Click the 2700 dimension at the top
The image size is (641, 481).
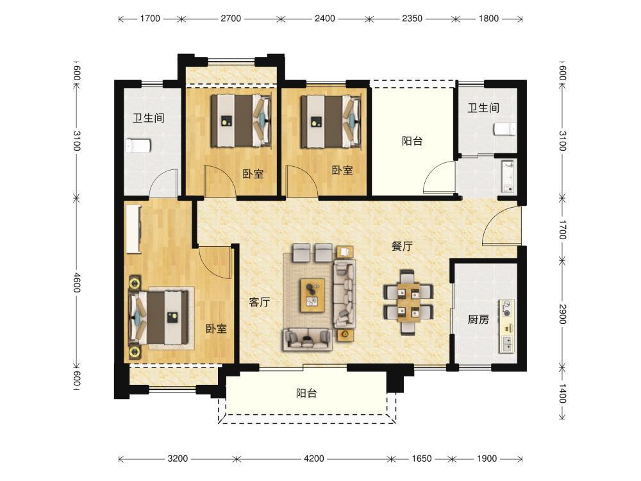pos(231,19)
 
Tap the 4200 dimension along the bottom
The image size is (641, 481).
pos(313,459)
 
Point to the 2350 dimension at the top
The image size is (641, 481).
pos(412,19)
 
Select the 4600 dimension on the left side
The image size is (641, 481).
pos(77,282)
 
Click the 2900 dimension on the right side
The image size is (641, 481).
pos(563,314)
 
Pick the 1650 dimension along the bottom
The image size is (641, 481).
pos(422,459)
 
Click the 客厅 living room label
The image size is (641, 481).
pos(260,302)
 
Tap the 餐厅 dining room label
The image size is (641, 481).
pos(402,246)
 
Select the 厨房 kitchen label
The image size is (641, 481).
pos(478,319)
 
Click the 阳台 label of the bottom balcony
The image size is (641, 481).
pos(306,394)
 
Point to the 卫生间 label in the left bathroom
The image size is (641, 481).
pos(149,118)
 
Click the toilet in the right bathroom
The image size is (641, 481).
pos(504,130)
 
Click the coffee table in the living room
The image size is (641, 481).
pos(312,294)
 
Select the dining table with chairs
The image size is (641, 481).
pos(408,302)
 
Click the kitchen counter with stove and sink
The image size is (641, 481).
pos(506,326)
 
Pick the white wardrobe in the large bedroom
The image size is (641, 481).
pos(134,229)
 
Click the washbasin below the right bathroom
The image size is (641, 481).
pos(508,176)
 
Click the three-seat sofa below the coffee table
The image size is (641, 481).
pos(306,339)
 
